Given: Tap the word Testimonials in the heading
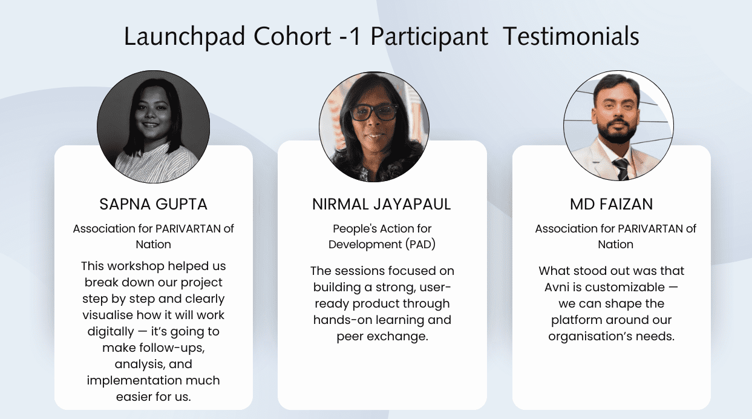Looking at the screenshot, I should (571, 37).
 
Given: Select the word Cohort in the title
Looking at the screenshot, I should (292, 37).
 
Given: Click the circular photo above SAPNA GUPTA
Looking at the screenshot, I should (154, 127).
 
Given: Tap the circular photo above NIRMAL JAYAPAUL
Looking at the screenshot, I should (374, 127).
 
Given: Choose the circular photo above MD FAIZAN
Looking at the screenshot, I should (618, 127).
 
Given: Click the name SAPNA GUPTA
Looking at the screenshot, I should (154, 205).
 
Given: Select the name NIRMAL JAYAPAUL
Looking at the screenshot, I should (382, 205).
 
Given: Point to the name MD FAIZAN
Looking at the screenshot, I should (611, 205).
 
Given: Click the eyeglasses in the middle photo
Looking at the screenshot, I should (374, 113).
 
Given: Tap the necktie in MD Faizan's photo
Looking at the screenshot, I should (621, 169).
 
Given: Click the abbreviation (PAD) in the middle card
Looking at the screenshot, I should (417, 245).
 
